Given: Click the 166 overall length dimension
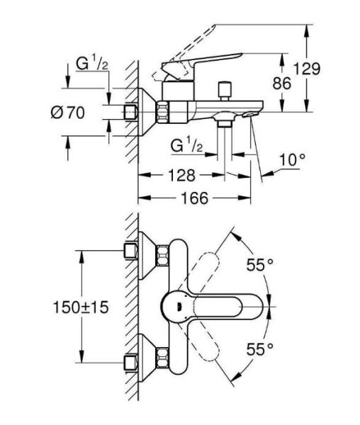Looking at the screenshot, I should (x=192, y=199).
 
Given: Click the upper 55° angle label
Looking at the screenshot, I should (x=259, y=266).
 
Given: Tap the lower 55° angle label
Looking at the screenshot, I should (x=259, y=348).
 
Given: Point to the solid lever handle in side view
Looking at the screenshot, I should (x=213, y=65).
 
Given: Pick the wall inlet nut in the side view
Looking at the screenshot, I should (x=132, y=111).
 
